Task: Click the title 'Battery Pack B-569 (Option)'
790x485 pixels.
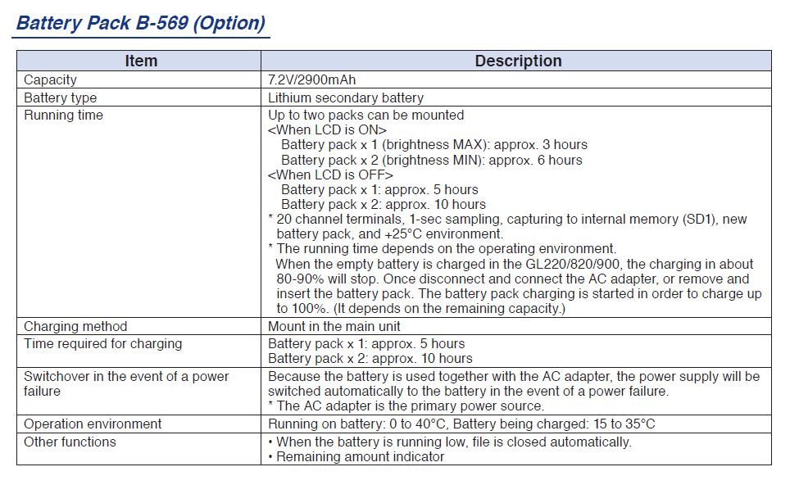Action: (x=141, y=23)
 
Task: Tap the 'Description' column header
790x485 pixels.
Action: (x=518, y=61)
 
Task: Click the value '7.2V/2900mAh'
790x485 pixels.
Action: (x=312, y=80)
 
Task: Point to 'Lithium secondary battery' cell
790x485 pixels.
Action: (x=346, y=98)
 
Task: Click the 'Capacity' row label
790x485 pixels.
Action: (x=50, y=80)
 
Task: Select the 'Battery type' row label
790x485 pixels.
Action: (x=60, y=98)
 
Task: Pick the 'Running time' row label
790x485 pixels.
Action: (x=63, y=116)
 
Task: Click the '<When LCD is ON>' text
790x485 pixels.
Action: (x=327, y=130)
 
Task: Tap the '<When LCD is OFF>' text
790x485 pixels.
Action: (x=330, y=175)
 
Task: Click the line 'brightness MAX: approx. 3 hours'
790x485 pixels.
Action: (x=434, y=145)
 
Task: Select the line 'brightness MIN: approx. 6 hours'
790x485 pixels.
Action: (x=431, y=160)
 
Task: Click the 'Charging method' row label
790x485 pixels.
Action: (x=75, y=327)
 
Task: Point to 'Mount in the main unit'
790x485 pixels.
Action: (x=334, y=327)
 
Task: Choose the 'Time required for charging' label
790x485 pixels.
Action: (x=102, y=344)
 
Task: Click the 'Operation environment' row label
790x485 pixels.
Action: (x=93, y=424)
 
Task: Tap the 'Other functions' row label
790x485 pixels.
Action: (x=70, y=442)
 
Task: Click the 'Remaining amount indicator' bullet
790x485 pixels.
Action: (x=360, y=457)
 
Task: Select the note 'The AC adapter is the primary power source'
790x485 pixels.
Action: (x=406, y=406)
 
